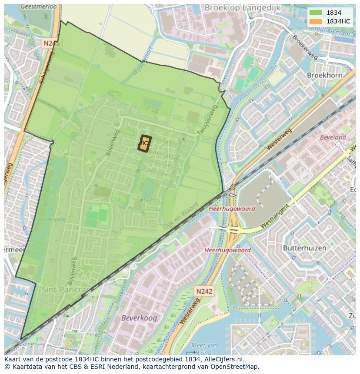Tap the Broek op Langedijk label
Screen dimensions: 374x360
248,7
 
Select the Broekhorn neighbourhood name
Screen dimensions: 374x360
324,75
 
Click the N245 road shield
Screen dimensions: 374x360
52,43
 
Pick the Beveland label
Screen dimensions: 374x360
333,137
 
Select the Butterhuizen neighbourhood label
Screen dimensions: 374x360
304,248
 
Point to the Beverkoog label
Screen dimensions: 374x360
139,318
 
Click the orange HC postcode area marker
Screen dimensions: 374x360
144,143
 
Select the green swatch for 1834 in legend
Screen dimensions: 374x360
315,13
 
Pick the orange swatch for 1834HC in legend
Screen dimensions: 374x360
315,21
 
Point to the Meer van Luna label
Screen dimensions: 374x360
204,348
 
